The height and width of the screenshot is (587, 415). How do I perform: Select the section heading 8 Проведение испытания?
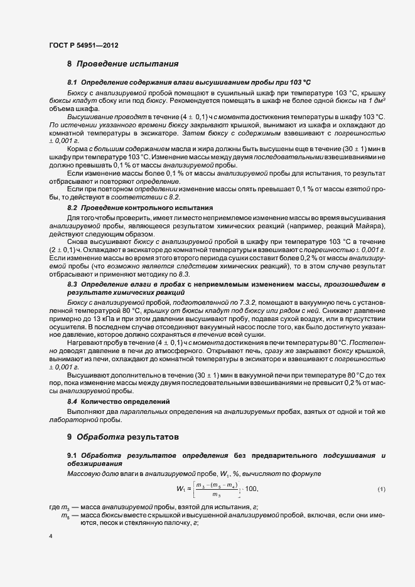click(x=123, y=64)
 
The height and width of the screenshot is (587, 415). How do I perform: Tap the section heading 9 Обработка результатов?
click(x=123, y=435)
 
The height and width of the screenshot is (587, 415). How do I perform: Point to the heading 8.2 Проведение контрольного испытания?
click(x=140, y=207)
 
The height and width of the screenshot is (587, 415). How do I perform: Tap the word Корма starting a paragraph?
click(x=78, y=148)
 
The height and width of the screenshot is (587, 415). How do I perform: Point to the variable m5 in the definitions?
click(x=65, y=516)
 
